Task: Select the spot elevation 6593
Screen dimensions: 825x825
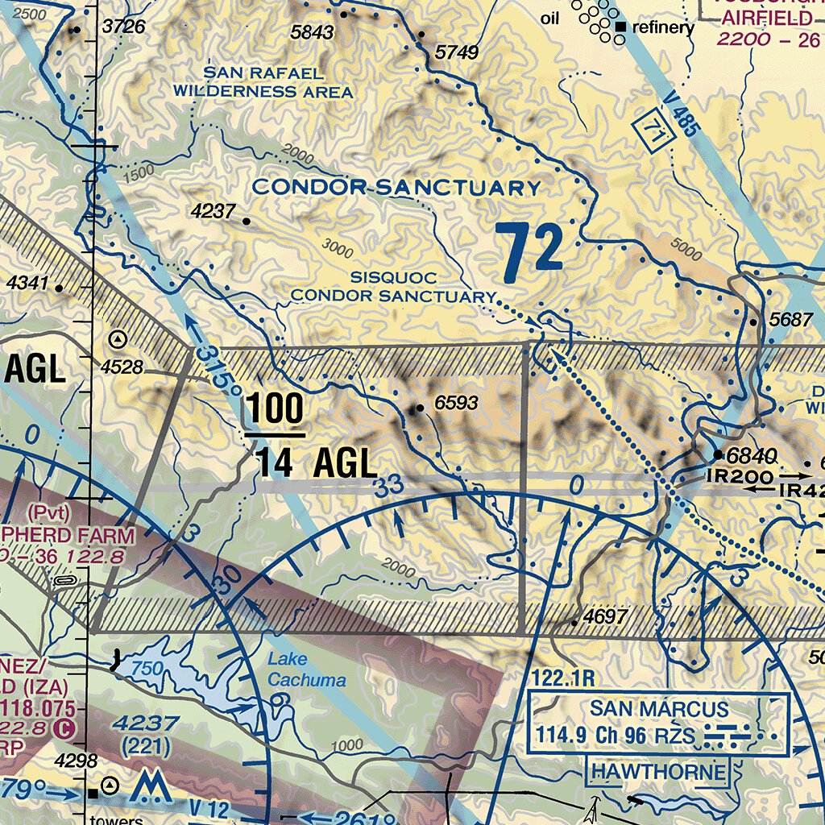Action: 456,404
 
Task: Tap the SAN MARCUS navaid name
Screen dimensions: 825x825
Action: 658,710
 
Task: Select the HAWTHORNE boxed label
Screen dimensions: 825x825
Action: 659,772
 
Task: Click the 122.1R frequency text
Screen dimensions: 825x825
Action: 557,679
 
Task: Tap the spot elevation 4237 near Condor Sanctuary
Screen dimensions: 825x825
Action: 214,212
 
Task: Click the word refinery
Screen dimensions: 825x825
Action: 663,27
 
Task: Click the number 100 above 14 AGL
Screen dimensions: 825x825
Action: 275,409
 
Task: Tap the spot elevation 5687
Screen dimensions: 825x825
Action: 790,320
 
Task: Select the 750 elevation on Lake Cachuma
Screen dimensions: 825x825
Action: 147,669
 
